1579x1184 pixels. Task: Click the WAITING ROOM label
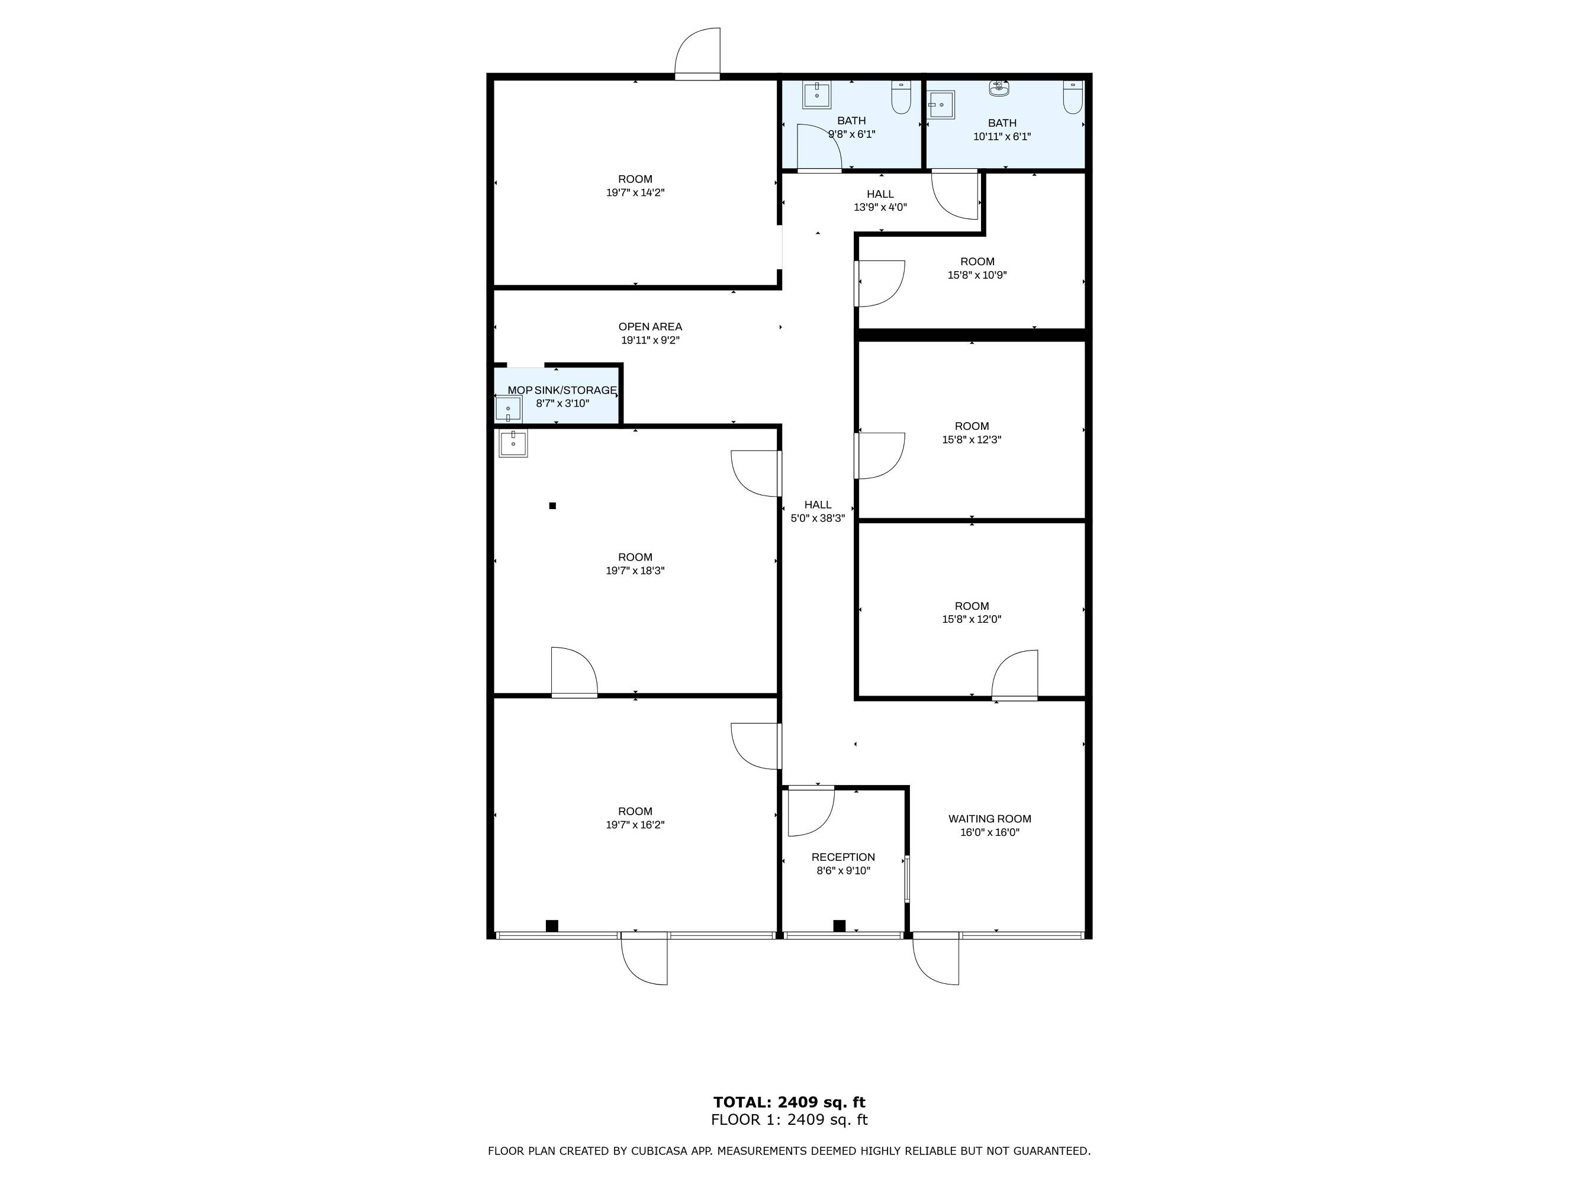point(989,819)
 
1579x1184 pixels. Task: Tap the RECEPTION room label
point(843,857)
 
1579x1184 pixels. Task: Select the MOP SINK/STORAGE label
point(562,390)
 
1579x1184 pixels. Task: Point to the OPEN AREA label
point(650,327)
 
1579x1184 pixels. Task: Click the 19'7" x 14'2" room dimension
point(635,192)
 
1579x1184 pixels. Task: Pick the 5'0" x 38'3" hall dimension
point(818,518)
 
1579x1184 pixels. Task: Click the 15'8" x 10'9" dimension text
point(977,275)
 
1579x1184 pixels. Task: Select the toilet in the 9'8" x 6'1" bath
point(901,97)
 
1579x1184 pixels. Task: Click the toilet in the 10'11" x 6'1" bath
point(1073,97)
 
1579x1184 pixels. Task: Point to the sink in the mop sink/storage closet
point(508,409)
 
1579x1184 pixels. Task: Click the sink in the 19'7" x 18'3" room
point(513,444)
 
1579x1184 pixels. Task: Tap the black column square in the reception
point(840,926)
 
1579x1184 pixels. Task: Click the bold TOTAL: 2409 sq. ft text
point(790,1102)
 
